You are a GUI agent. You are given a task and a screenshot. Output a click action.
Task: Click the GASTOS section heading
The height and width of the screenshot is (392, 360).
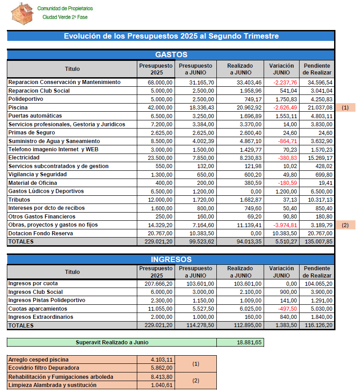(x=171, y=55)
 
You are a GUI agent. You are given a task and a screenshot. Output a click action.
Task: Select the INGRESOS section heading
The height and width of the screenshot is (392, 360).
(x=171, y=259)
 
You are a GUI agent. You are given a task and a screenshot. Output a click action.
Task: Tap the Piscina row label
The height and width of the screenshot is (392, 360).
(x=18, y=108)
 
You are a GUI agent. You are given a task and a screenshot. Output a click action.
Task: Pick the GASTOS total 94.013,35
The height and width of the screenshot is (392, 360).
(x=245, y=242)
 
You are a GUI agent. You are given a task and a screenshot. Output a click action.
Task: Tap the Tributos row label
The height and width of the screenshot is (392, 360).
(x=19, y=199)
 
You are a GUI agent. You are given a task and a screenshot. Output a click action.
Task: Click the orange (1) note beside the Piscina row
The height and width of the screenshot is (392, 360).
(x=345, y=108)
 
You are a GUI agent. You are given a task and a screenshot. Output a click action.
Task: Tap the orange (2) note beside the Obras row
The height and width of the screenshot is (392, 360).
(x=345, y=225)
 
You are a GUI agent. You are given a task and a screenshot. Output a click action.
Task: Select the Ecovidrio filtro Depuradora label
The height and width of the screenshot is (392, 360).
(x=44, y=368)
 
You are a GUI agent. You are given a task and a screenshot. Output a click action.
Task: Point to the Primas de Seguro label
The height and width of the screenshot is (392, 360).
(x=31, y=133)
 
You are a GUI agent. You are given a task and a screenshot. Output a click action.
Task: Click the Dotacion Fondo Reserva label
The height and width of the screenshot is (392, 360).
(x=38, y=233)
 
